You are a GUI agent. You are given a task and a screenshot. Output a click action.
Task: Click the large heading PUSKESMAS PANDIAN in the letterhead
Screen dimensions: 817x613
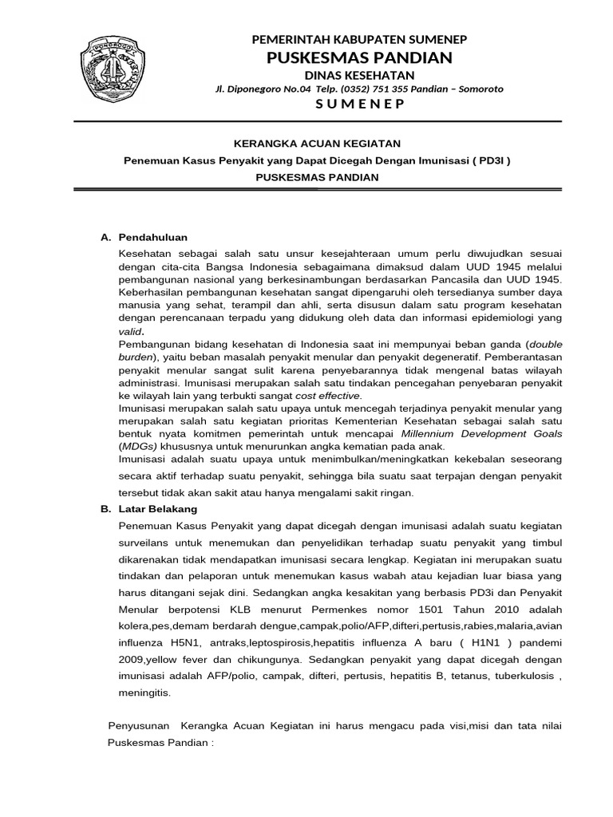(x=360, y=57)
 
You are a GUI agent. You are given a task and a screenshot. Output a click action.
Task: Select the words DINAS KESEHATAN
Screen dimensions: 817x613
(x=359, y=74)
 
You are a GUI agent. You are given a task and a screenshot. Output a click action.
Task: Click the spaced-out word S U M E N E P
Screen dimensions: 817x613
(x=360, y=105)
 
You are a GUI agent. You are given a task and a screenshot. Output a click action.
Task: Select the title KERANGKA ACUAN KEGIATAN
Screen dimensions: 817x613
(x=315, y=143)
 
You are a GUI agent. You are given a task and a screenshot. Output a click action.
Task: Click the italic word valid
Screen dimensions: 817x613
(x=132, y=331)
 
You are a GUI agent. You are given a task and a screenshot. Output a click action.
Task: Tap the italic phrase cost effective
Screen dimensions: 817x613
(x=328, y=395)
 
